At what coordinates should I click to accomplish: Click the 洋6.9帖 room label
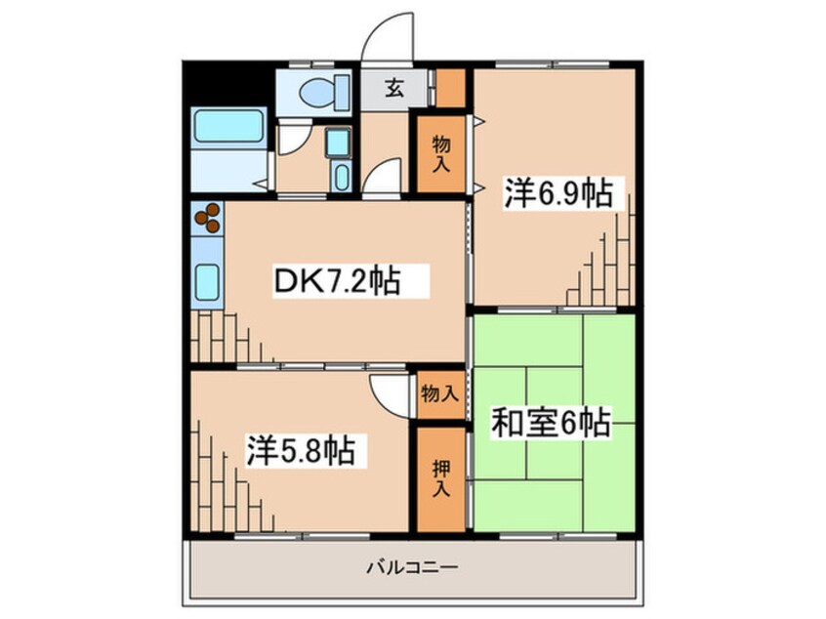[x=558, y=194]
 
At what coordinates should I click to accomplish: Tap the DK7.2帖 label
[x=335, y=281]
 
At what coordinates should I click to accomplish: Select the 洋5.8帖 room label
[x=299, y=452]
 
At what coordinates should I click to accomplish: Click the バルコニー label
[x=412, y=566]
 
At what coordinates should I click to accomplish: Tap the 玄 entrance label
[x=393, y=90]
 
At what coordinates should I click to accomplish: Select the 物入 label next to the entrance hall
[x=440, y=154]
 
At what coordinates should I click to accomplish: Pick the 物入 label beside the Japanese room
[x=440, y=393]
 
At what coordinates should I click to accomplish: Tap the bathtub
[x=229, y=129]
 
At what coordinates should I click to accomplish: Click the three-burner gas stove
[x=207, y=220]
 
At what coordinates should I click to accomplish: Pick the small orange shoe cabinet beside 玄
[x=450, y=88]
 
